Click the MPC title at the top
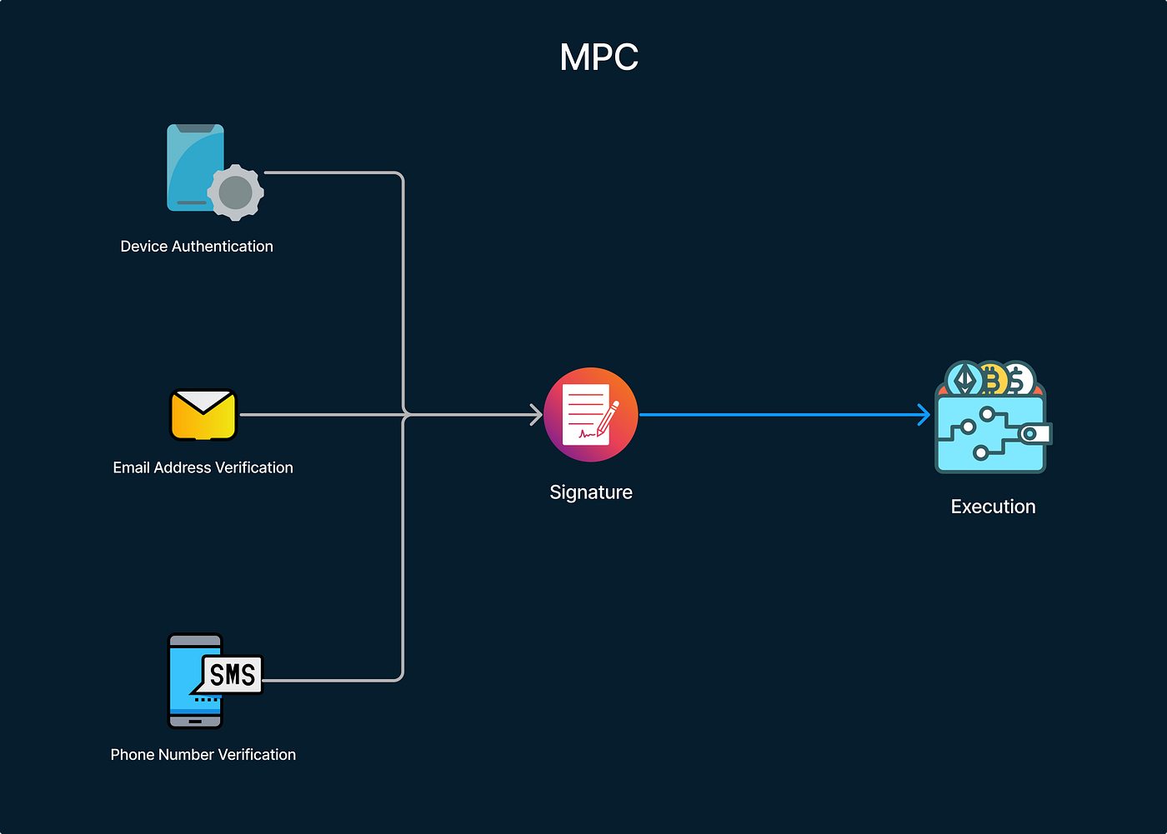[599, 57]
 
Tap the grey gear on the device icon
[236, 192]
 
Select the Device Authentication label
[197, 247]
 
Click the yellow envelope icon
[203, 415]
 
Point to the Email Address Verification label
[203, 468]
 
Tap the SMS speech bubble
[232, 674]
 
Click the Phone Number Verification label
[203, 755]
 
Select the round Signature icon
[590, 415]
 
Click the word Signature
[590, 492]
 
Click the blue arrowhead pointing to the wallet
[924, 415]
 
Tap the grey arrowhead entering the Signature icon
[536, 415]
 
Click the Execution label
[993, 507]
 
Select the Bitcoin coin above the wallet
[992, 380]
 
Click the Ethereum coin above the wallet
[964, 380]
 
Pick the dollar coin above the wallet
[1018, 380]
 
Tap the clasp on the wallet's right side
[1034, 434]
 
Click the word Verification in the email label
[254, 468]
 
